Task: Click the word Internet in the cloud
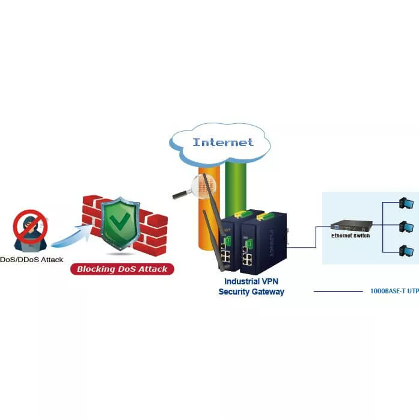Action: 223,142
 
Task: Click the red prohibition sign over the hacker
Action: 30,226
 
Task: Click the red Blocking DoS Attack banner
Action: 122,269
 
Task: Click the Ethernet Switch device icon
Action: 350,226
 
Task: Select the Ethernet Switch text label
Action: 350,236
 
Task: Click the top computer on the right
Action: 406,204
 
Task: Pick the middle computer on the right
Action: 406,227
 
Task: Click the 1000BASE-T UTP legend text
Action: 394,291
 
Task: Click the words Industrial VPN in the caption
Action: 251,281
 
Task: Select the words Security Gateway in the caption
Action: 251,292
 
